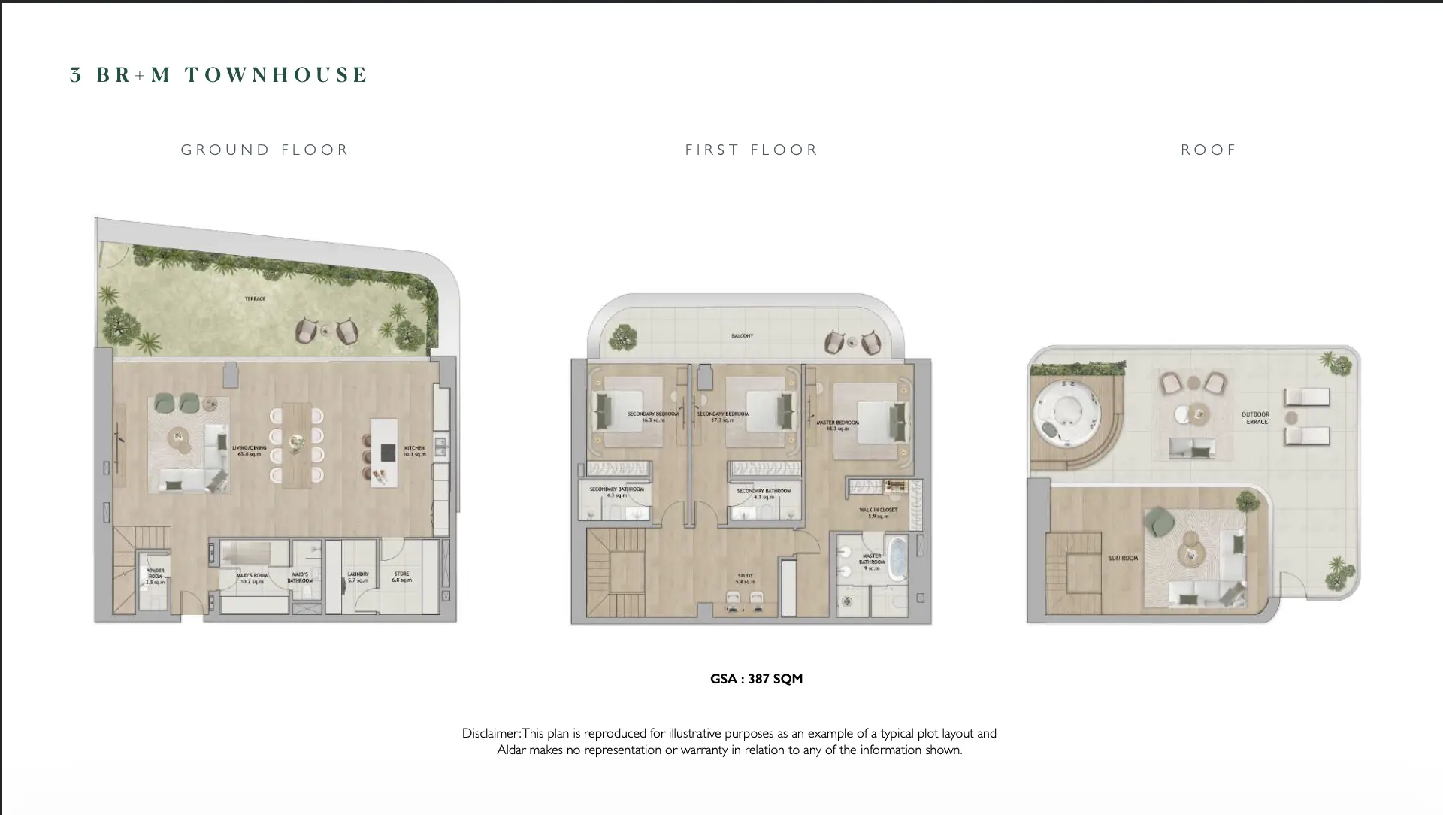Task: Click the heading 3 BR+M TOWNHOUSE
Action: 219,75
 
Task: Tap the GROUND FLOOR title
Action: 265,150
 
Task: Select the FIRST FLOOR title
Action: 751,150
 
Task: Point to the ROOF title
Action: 1209,150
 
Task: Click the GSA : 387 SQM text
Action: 756,679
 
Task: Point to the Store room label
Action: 401,577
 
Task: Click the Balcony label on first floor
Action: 742,336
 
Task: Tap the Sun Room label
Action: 1123,559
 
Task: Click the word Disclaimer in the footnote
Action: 491,733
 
